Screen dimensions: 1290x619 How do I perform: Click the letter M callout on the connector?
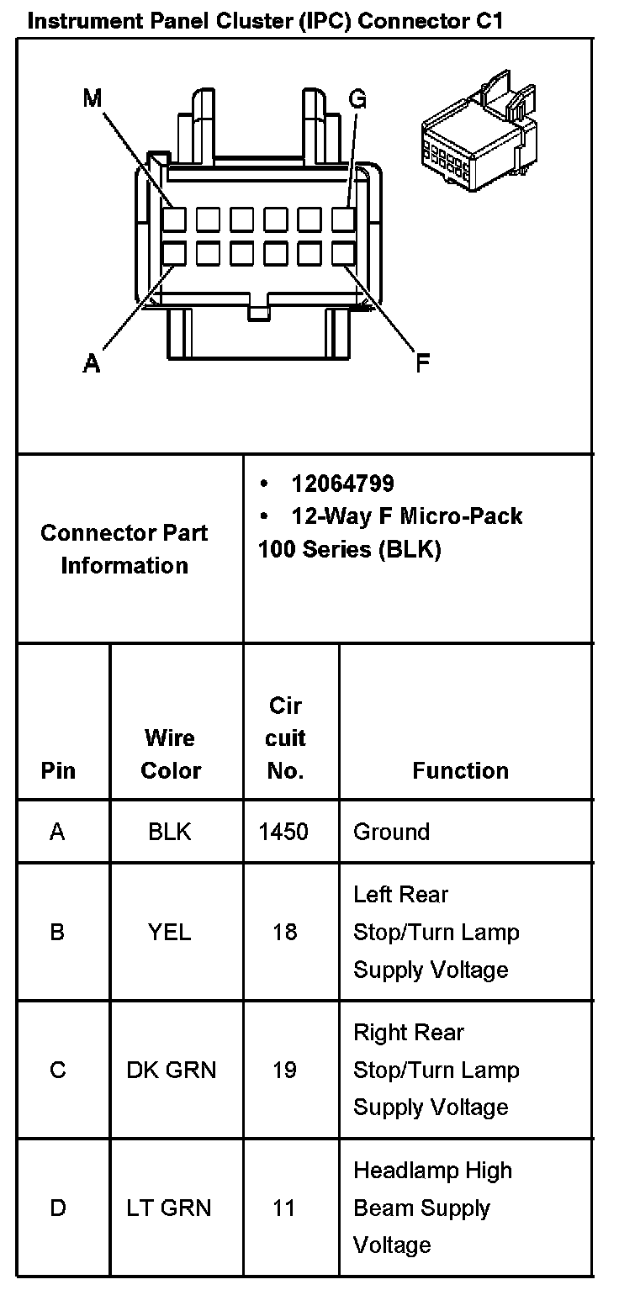click(x=92, y=98)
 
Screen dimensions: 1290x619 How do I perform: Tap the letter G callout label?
click(x=357, y=100)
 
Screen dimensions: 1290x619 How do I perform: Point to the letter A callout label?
click(x=92, y=363)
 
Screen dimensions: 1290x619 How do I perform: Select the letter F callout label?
click(x=423, y=363)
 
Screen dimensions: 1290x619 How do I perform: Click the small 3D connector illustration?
click(x=480, y=135)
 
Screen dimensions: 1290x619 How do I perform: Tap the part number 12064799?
click(x=342, y=484)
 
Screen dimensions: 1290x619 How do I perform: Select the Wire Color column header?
click(x=171, y=754)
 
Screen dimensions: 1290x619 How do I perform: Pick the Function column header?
click(x=460, y=770)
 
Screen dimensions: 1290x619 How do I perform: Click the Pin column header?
click(x=58, y=770)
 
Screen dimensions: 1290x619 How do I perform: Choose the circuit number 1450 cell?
click(x=283, y=832)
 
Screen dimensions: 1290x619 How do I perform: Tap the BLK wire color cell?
click(x=170, y=832)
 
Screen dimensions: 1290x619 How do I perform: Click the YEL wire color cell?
click(x=170, y=932)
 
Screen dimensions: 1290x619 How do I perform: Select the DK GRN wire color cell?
click(x=171, y=1070)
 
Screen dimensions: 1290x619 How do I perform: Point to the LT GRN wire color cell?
click(x=171, y=1208)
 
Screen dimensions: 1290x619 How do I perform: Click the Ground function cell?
click(x=391, y=832)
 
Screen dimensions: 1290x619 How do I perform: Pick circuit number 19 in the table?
click(x=284, y=1070)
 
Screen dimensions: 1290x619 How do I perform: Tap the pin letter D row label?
click(x=58, y=1208)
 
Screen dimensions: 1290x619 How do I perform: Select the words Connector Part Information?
click(x=124, y=549)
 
